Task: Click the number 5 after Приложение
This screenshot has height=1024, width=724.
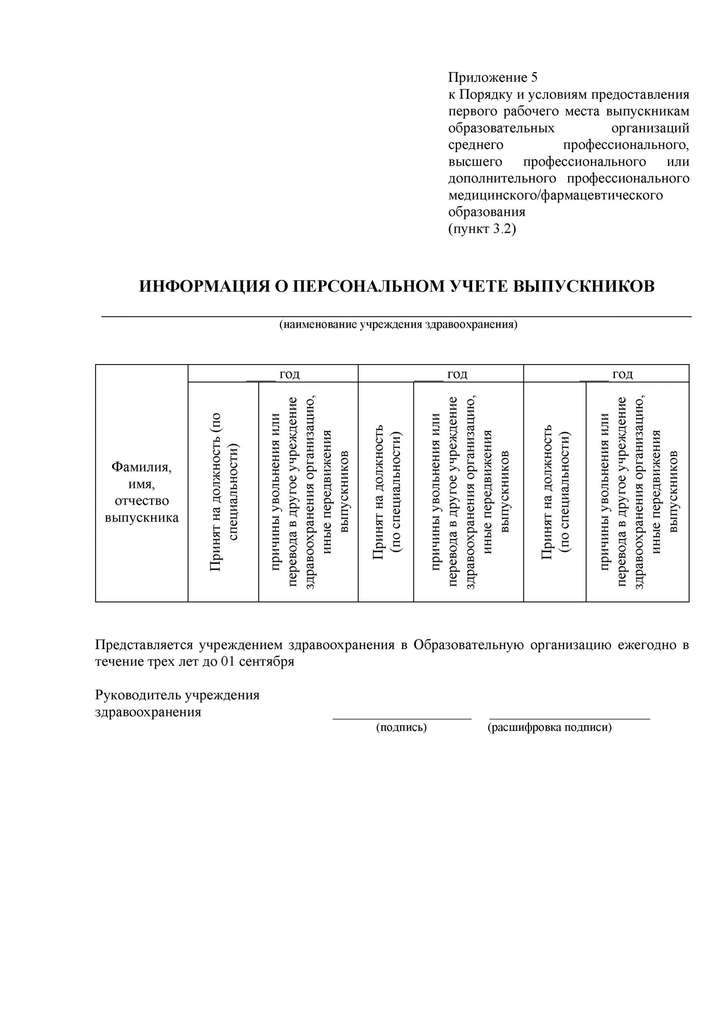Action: (x=534, y=78)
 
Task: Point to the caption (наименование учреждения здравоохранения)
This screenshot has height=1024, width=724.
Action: (x=398, y=324)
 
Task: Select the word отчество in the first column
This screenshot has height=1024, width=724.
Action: (x=142, y=500)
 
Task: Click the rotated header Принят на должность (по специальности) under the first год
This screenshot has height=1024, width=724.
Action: (x=224, y=492)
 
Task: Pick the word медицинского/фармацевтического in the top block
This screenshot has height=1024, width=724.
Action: (x=555, y=195)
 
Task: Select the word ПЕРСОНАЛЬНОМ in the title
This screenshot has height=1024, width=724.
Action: (x=367, y=286)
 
